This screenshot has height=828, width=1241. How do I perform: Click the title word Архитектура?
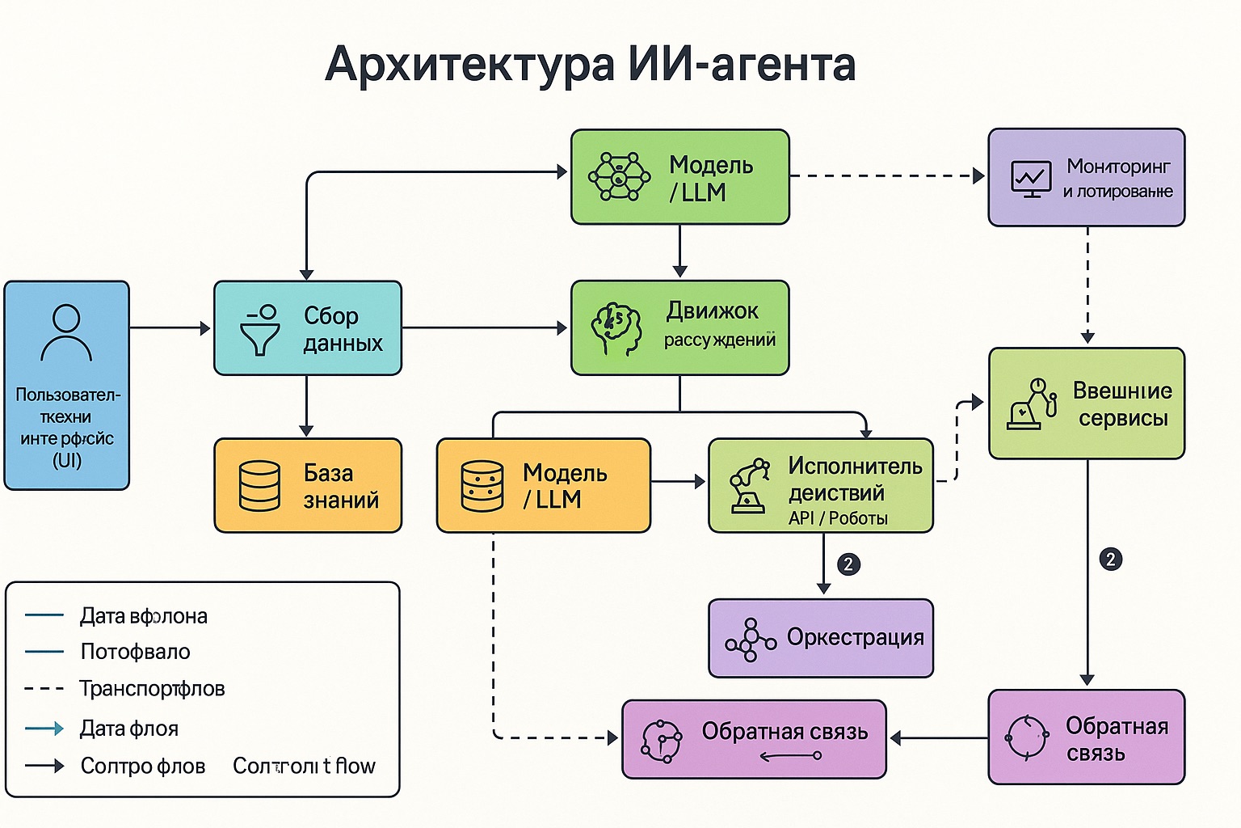469,65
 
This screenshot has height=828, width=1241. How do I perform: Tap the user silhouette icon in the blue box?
66,332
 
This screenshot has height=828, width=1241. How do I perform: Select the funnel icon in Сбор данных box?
260,330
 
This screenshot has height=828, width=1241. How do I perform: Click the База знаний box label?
340,486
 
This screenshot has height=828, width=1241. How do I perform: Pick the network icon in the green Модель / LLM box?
618,176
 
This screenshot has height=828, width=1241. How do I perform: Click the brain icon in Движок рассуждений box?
616,328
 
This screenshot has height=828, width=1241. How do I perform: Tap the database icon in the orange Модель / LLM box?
482,486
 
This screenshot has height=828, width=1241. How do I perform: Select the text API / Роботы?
838,518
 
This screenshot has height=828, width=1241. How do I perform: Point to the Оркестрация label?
855,637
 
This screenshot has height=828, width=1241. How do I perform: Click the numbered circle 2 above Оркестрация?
848,564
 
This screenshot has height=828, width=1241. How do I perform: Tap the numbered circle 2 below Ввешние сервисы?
1111,559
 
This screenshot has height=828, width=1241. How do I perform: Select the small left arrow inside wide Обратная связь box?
789,757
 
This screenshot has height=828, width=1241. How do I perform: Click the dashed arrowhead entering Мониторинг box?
978,175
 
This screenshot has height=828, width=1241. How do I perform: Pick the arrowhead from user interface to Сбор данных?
205,328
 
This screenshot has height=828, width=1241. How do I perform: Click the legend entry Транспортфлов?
152,689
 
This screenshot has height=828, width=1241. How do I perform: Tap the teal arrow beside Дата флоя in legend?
44,729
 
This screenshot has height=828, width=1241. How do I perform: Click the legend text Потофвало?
135,652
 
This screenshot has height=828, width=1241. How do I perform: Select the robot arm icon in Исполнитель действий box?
749,485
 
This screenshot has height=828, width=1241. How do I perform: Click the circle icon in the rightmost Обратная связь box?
1026,737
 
